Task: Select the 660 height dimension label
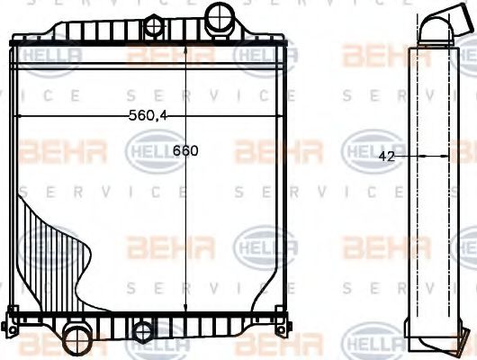[186, 151]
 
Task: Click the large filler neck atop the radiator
[218, 17]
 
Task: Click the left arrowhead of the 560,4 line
[20, 118]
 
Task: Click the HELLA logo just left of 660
[149, 147]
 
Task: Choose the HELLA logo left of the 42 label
[364, 147]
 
